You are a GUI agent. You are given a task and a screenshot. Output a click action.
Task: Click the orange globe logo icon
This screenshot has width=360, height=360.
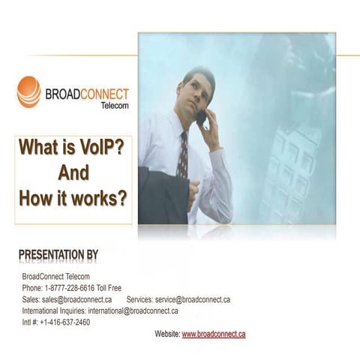28,91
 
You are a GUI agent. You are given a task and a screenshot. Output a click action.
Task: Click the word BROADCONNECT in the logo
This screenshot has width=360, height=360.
87,94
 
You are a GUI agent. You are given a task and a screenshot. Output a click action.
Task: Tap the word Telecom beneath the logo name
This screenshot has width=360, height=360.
114,106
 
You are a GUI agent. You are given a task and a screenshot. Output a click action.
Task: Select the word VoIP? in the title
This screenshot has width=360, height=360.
97,147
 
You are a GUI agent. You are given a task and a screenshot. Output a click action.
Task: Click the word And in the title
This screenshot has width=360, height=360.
73,173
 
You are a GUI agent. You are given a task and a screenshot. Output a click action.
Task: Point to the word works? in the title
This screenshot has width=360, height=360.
97,199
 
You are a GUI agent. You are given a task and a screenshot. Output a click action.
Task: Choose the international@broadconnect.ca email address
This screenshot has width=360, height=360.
133,310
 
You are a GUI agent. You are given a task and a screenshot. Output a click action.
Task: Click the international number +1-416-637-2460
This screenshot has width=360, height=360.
64,322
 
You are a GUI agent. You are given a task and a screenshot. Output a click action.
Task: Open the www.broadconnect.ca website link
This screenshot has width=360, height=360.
214,334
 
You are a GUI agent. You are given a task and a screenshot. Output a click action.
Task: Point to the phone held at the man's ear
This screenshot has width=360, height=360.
201,116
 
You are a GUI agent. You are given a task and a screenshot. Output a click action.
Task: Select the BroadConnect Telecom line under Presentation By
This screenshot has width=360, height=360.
56,277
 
